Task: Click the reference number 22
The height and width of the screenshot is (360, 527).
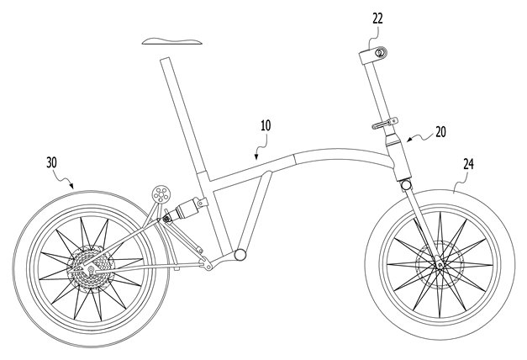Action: [x=377, y=19]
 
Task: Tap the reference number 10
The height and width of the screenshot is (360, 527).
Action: [x=266, y=125]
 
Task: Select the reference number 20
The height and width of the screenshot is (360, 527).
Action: [x=440, y=132]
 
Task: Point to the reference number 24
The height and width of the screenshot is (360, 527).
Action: [x=468, y=164]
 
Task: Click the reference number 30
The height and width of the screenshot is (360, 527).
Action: [x=51, y=162]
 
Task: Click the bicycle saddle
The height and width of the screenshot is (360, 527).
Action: [x=171, y=41]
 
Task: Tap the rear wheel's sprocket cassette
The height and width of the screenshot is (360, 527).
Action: [x=91, y=268]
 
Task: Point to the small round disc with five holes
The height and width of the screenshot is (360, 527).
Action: [x=161, y=194]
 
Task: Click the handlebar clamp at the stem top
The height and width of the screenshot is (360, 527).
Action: [x=373, y=55]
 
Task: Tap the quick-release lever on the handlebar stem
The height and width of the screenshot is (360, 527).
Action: [x=384, y=123]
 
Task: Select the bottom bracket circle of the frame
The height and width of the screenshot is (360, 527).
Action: [x=240, y=254]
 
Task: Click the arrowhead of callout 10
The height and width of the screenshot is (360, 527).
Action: [x=256, y=156]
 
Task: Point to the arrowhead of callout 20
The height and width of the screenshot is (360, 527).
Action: [x=409, y=140]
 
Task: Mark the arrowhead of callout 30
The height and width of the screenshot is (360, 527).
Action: [x=71, y=185]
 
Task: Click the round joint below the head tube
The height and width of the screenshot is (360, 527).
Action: [x=406, y=185]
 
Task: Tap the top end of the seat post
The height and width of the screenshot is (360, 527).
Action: [x=165, y=60]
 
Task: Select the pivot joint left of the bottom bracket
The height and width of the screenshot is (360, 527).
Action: [x=208, y=266]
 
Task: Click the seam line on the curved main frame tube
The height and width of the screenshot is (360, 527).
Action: [x=295, y=159]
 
